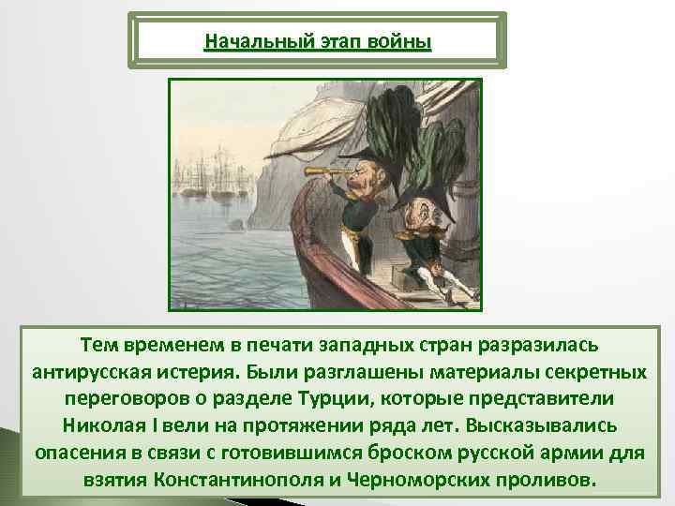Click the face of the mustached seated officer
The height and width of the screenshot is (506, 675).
[x=420, y=222]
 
